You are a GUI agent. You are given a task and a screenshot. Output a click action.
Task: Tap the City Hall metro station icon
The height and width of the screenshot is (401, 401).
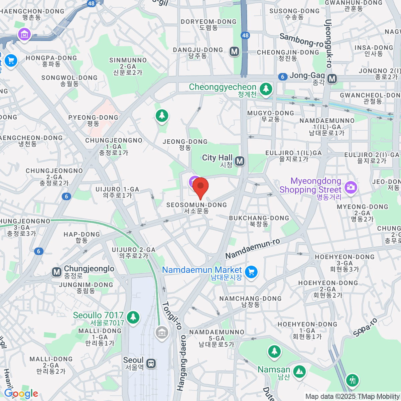point(240,161)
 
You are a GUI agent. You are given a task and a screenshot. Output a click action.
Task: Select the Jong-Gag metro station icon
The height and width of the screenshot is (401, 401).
point(332,79)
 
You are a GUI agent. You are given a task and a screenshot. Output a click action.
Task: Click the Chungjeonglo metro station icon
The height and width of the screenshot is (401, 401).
point(57,272)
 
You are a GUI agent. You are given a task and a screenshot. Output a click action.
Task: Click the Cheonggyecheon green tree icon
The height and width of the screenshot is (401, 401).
point(266,89)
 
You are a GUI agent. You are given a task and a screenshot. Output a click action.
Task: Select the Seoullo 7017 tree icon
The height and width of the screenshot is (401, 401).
point(133,316)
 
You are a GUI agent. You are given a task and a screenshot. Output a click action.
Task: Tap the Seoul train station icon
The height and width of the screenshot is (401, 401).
point(151,363)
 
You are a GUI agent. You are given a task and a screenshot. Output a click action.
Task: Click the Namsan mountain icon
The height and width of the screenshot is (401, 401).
point(299,371)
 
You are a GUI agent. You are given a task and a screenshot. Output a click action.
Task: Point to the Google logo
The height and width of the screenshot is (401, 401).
point(21,394)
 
